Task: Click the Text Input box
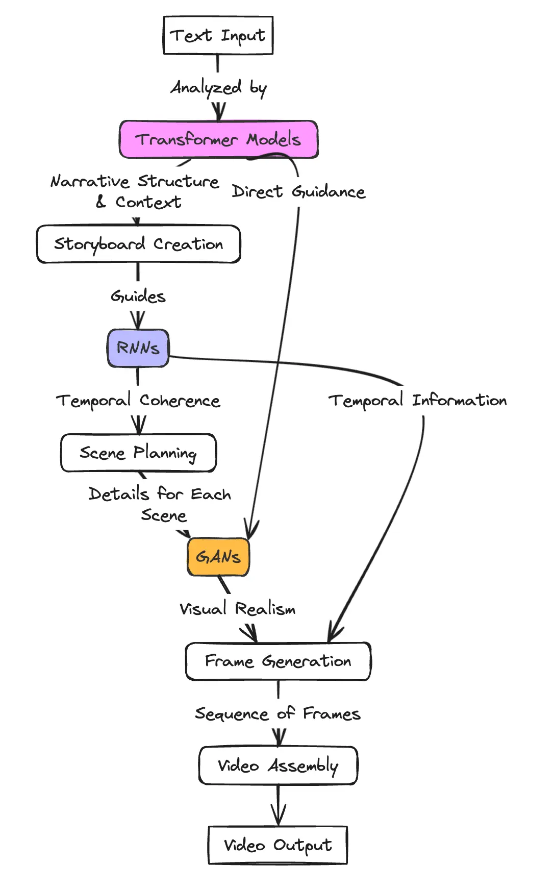pyautogui.click(x=218, y=35)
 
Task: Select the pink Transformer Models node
pyautogui.click(x=218, y=139)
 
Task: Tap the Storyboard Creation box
pyautogui.click(x=138, y=244)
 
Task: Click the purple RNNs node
pyautogui.click(x=138, y=348)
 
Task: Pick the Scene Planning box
pyautogui.click(x=138, y=453)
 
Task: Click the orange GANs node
pyautogui.click(x=218, y=557)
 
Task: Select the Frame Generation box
pyautogui.click(x=278, y=661)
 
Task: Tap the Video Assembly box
pyautogui.click(x=278, y=765)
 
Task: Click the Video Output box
pyautogui.click(x=278, y=845)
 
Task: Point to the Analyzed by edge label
pyautogui.click(x=218, y=88)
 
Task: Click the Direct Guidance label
pyautogui.click(x=298, y=192)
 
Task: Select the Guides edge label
pyautogui.click(x=138, y=296)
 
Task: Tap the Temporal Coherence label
pyautogui.click(x=138, y=401)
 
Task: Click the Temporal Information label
pyautogui.click(x=417, y=401)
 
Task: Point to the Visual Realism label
pyautogui.click(x=237, y=609)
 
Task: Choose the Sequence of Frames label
pyautogui.click(x=278, y=713)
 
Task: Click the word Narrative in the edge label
pyautogui.click(x=90, y=181)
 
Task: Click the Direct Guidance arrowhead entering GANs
pyautogui.click(x=251, y=531)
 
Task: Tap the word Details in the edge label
pyautogui.click(x=118, y=494)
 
